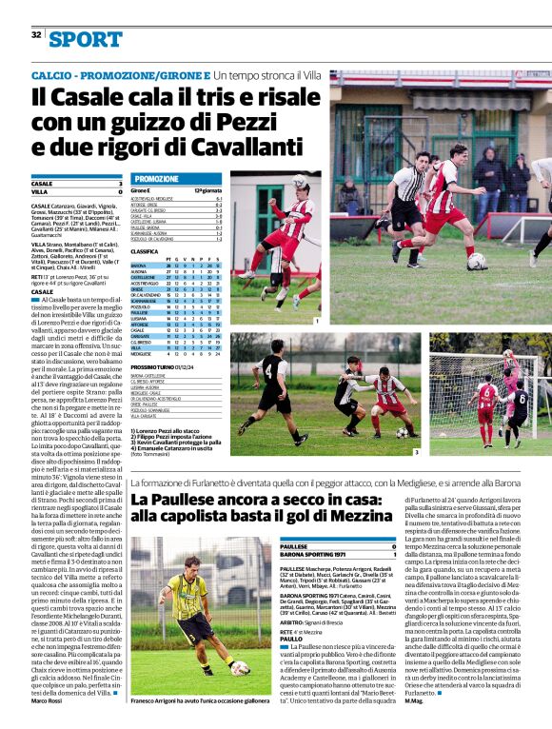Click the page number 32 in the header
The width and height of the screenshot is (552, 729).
36,35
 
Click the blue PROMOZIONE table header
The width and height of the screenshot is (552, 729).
156,179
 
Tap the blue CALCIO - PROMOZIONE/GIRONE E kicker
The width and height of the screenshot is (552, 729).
120,74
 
